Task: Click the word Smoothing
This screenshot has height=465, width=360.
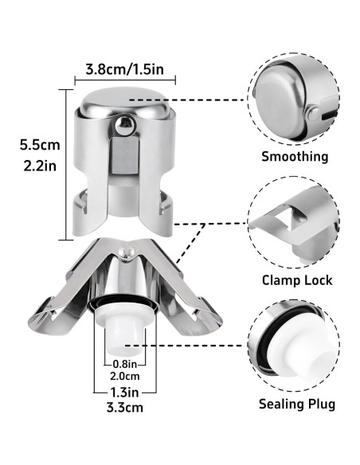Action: [x=295, y=156]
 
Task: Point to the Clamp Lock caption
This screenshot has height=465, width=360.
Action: [x=296, y=280]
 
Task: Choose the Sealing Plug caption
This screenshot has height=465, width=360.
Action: [x=296, y=404]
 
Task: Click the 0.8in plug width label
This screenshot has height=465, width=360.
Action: [x=121, y=364]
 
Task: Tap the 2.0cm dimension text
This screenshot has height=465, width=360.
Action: [x=121, y=376]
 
